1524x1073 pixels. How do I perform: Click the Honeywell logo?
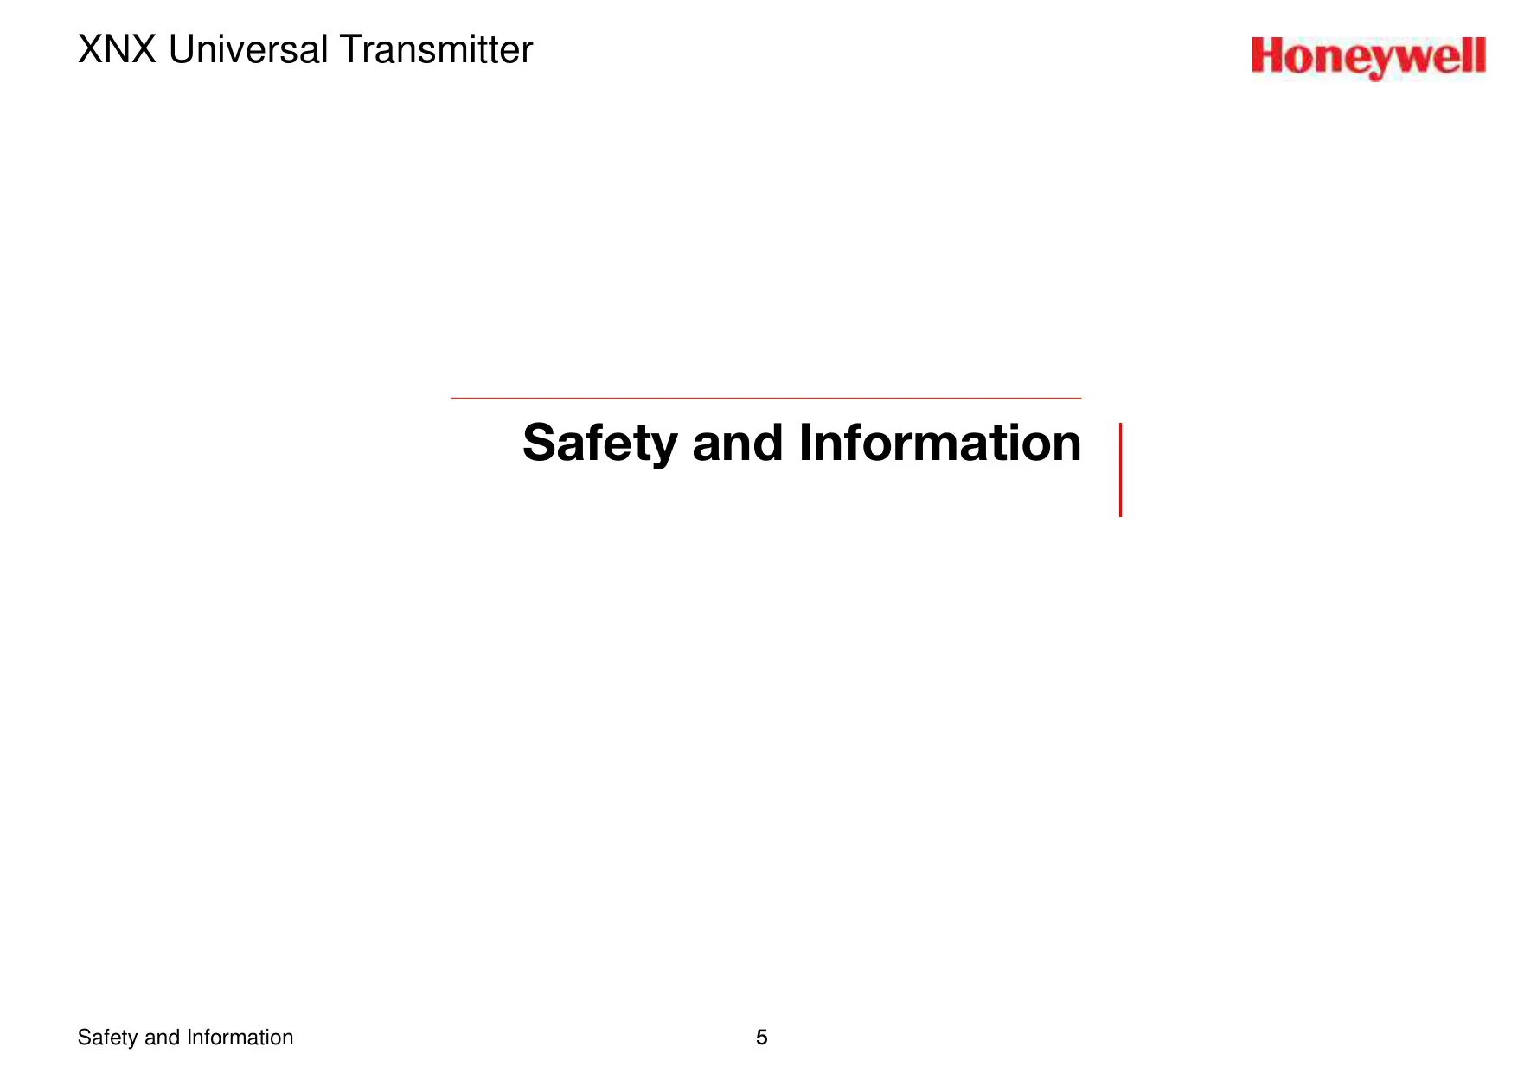[1368, 58]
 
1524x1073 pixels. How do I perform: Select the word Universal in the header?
[248, 50]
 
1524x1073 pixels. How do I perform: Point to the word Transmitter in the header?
[436, 50]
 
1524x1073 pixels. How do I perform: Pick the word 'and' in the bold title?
[738, 443]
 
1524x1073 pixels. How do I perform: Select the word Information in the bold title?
[940, 443]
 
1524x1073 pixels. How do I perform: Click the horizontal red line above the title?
[765, 398]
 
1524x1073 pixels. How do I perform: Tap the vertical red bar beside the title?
[1120, 469]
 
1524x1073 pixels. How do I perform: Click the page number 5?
[761, 1038]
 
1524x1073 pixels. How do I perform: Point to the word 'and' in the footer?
[162, 1038]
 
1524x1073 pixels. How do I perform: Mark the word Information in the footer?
[240, 1038]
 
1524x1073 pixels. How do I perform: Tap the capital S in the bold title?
[541, 443]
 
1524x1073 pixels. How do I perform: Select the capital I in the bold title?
[805, 443]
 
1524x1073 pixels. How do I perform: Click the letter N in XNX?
[118, 50]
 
